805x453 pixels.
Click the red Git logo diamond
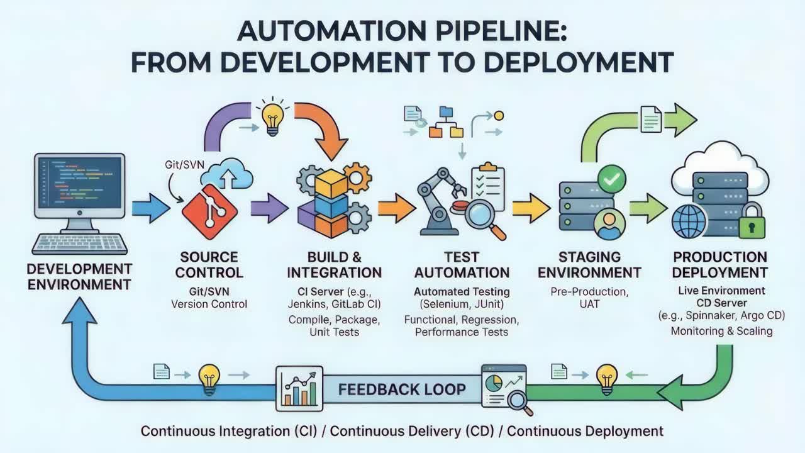click(x=205, y=208)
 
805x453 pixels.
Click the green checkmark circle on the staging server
click(x=611, y=179)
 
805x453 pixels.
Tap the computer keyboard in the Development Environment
click(x=79, y=243)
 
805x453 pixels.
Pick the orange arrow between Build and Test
click(x=396, y=208)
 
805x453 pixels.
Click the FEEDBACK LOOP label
click(x=402, y=389)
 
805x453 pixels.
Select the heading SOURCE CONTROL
click(x=209, y=265)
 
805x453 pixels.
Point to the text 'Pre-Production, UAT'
click(x=589, y=298)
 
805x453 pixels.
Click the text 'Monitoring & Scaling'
click(x=721, y=330)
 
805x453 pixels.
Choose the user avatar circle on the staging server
click(x=609, y=223)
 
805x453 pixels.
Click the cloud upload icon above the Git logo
click(x=227, y=175)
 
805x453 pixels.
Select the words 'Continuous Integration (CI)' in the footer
click(x=231, y=431)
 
